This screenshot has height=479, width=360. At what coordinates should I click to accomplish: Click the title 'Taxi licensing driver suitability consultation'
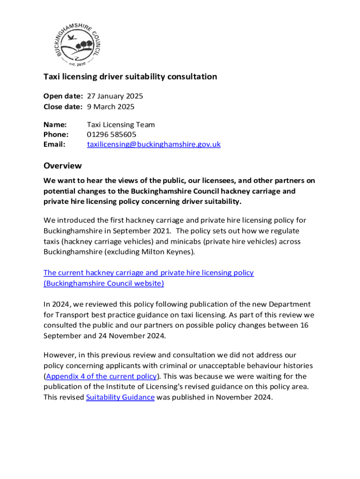tap(130, 77)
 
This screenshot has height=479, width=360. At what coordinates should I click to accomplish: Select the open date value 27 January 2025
tap(115, 96)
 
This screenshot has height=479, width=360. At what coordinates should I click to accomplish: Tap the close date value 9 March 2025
tap(110, 107)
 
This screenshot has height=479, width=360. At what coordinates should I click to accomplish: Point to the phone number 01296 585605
tap(112, 135)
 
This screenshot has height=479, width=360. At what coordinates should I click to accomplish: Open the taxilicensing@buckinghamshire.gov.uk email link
tap(153, 145)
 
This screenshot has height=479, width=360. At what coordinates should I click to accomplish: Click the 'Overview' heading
tap(63, 166)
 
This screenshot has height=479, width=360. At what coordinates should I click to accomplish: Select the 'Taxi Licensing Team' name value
tap(121, 125)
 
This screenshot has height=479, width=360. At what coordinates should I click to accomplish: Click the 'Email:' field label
tap(54, 145)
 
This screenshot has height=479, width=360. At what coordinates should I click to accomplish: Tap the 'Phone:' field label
tap(55, 135)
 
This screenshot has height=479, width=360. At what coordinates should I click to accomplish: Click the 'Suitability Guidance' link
tap(120, 398)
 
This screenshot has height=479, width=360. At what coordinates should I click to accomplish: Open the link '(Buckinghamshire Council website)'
tap(104, 283)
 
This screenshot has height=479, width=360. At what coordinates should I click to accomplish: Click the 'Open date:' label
tap(63, 96)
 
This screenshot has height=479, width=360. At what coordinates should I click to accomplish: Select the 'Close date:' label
tap(63, 107)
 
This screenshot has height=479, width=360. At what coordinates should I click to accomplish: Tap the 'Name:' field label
tap(55, 125)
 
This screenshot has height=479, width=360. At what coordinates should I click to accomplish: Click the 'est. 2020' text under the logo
tap(77, 63)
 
